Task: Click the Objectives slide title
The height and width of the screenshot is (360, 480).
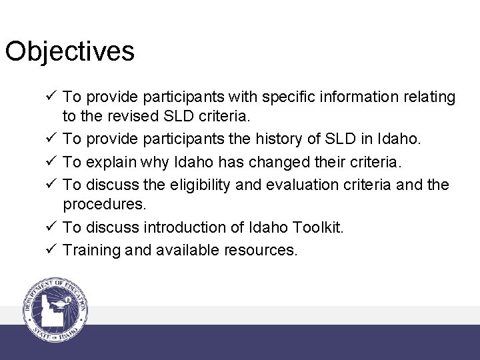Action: tap(70, 51)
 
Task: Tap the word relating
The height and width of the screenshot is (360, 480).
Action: tap(429, 97)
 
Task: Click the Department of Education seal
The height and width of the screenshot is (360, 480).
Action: tap(55, 309)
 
